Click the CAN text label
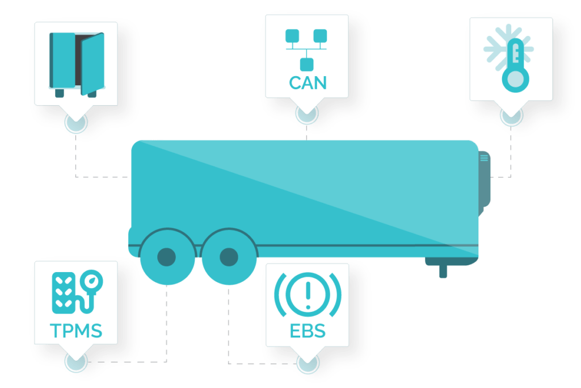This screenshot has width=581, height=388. (308, 82)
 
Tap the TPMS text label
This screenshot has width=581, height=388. (76, 329)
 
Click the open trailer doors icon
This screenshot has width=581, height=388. (77, 64)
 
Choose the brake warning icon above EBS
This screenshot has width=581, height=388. (308, 293)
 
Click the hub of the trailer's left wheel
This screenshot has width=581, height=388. (166, 257)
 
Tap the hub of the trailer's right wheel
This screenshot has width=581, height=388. (228, 257)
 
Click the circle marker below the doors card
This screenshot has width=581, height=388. (76, 122)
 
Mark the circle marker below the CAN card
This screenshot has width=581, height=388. (307, 114)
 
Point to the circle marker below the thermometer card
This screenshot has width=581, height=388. (511, 116)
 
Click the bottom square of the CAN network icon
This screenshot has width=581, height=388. (307, 64)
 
